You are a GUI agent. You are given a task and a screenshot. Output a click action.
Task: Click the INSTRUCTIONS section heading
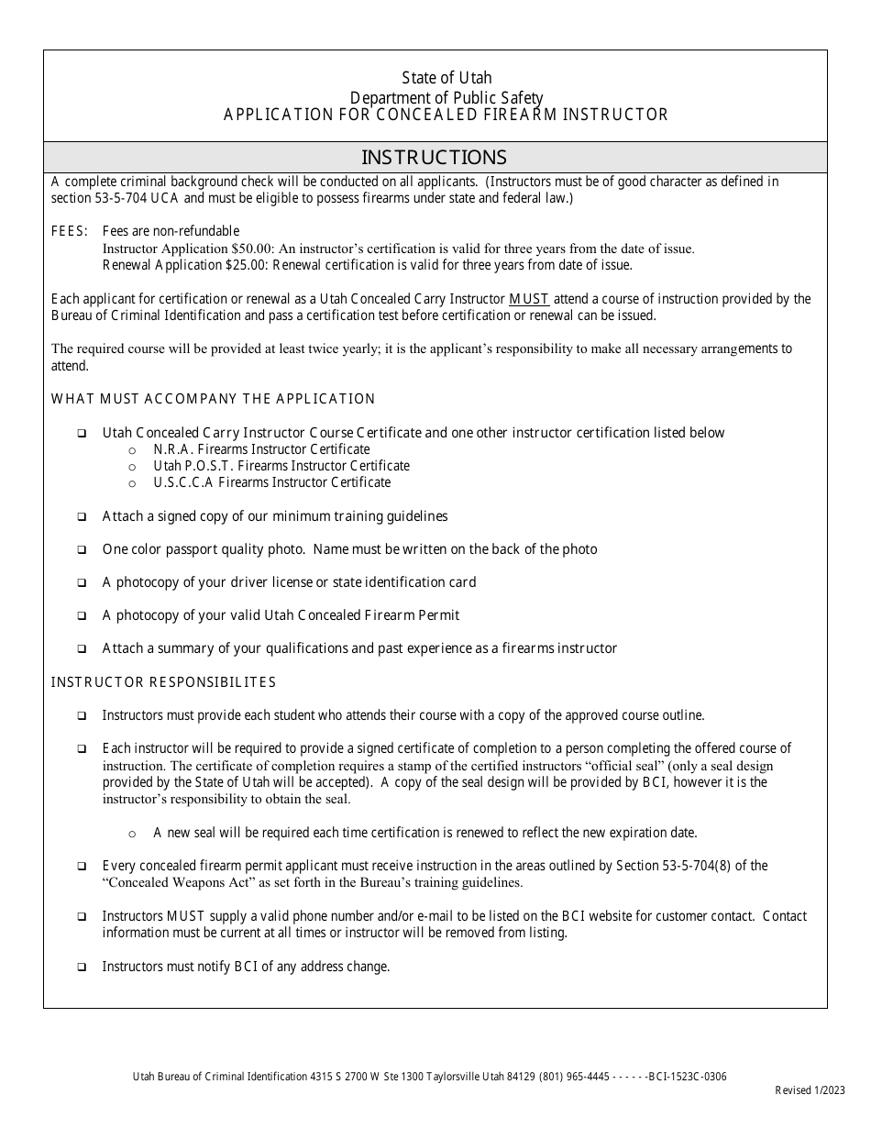point(434,157)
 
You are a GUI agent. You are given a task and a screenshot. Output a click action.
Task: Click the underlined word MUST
point(529,299)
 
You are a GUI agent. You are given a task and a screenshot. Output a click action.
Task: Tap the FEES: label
point(70,231)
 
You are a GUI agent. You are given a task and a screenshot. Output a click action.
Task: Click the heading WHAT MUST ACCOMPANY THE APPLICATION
point(213,399)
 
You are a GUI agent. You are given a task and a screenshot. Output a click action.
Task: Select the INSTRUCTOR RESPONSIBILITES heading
point(163,682)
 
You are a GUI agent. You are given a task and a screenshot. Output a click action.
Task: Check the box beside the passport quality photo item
point(83,550)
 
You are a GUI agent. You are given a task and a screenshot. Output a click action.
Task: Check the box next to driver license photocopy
point(83,583)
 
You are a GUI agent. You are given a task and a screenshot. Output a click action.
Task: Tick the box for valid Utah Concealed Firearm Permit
point(83,616)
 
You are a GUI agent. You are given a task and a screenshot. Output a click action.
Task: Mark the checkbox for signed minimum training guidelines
point(83,517)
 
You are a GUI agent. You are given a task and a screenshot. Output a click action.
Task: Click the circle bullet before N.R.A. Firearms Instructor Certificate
point(132,450)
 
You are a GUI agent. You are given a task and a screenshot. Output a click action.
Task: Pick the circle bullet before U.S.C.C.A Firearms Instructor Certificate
point(132,483)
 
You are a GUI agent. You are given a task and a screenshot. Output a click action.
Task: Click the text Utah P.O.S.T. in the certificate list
point(193,466)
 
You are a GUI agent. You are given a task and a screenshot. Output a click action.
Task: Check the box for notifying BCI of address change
point(83,968)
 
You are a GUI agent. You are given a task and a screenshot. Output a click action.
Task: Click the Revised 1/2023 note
point(810,1089)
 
